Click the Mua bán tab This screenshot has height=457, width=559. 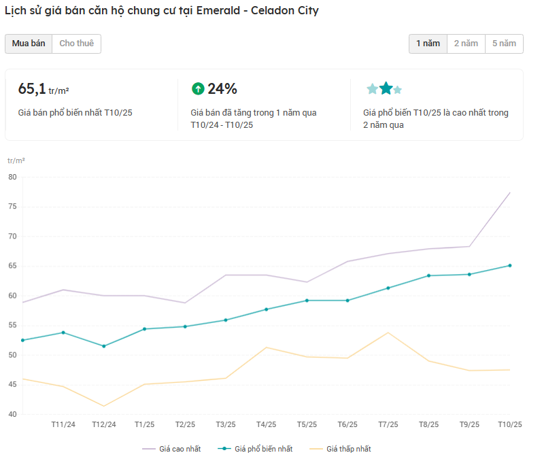click(x=29, y=44)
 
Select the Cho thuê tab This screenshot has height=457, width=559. click(x=76, y=44)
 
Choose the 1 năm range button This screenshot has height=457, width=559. click(x=428, y=44)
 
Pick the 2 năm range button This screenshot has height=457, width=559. click(x=466, y=44)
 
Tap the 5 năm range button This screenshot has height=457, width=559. click(x=504, y=44)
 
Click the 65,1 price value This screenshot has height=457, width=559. click(x=32, y=89)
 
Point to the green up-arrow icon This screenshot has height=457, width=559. click(x=198, y=88)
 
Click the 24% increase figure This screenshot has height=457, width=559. click(x=222, y=88)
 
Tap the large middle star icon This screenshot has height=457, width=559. click(x=386, y=88)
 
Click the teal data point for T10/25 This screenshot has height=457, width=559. click(x=509, y=266)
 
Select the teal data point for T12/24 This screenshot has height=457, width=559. click(x=104, y=346)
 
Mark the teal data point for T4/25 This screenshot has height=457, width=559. click(x=266, y=309)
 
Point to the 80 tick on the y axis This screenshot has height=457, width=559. click(x=12, y=177)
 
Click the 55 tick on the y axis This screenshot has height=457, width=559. click(x=12, y=325)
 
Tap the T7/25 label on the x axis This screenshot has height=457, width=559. click(x=388, y=425)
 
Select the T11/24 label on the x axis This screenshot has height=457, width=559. click(x=63, y=425)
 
